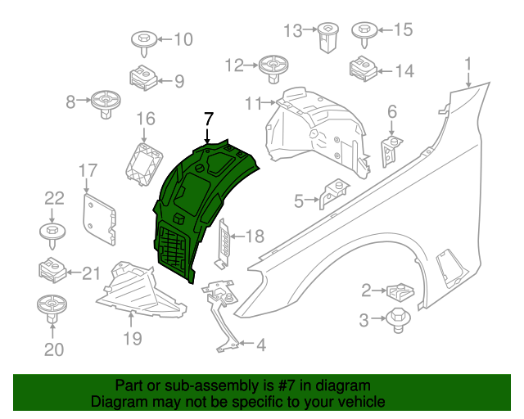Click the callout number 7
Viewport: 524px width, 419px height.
click(208, 118)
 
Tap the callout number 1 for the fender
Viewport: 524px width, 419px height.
click(468, 64)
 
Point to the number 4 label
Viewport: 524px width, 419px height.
click(260, 346)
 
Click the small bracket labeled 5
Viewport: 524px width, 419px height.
click(332, 193)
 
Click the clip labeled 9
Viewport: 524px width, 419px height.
click(144, 77)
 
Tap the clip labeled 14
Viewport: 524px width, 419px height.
click(361, 68)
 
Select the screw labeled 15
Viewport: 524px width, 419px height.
click(363, 34)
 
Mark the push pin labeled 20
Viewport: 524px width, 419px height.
click(52, 310)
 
